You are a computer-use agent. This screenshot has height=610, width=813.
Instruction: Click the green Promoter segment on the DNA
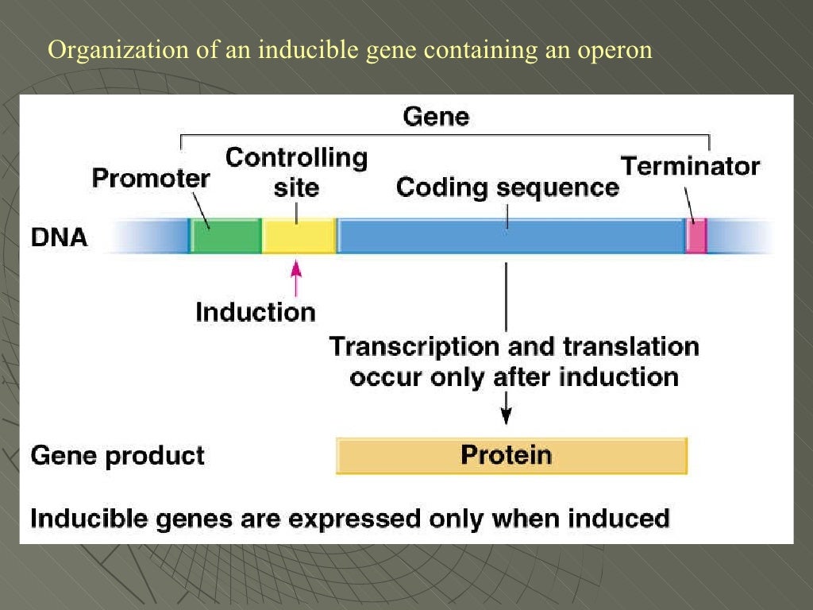225,236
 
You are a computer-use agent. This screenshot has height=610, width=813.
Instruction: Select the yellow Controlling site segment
299,236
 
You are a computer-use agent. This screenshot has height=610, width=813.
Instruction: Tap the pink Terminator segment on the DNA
695,237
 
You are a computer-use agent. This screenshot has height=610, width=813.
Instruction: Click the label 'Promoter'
151,177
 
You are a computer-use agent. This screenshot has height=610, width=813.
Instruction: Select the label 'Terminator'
690,166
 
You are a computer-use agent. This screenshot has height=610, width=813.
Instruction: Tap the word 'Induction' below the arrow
255,311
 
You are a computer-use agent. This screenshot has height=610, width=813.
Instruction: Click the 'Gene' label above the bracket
436,117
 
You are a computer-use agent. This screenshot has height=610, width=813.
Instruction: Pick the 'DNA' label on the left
59,237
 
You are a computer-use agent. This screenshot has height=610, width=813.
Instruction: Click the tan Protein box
511,455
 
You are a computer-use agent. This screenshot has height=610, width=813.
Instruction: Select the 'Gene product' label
118,456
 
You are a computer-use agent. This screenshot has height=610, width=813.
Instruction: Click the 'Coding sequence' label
507,187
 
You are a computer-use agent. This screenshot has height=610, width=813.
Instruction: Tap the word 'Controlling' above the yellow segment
296,157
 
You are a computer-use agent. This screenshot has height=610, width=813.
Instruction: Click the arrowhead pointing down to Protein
506,415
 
